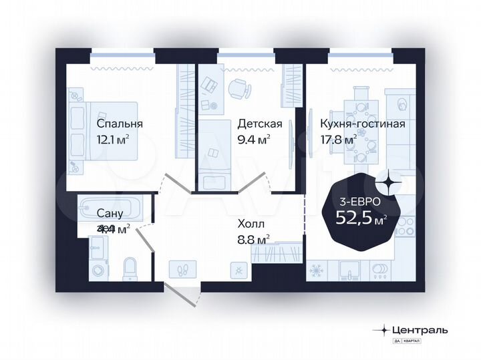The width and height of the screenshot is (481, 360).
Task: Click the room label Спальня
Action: [x=120, y=124]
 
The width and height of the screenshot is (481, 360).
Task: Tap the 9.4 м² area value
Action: [x=254, y=140]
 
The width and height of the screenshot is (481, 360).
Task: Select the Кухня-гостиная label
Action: [x=362, y=124]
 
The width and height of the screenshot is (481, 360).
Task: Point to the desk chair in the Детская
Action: [x=238, y=88]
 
